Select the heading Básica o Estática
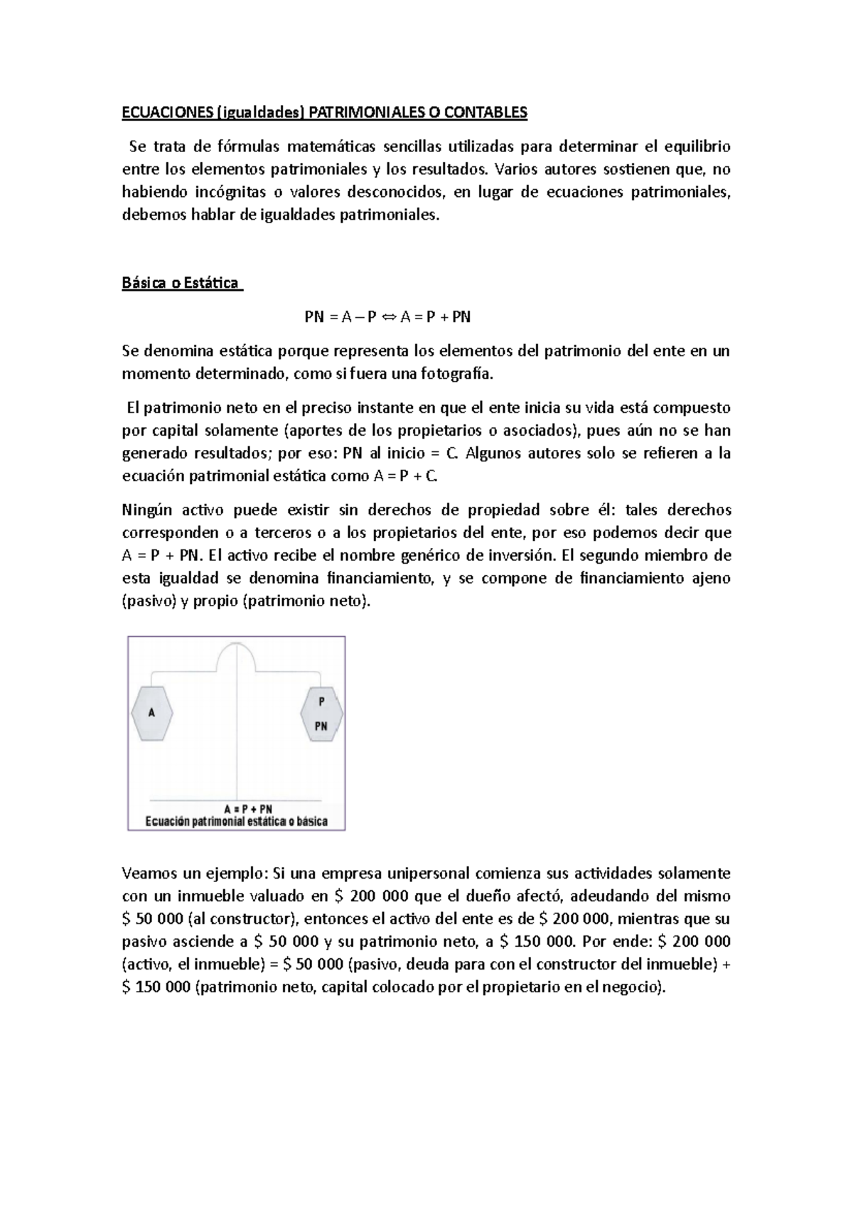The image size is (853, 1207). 181,283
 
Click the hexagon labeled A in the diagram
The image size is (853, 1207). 151,713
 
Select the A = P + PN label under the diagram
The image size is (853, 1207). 248,809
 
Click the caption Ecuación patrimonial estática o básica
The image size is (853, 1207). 236,821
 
